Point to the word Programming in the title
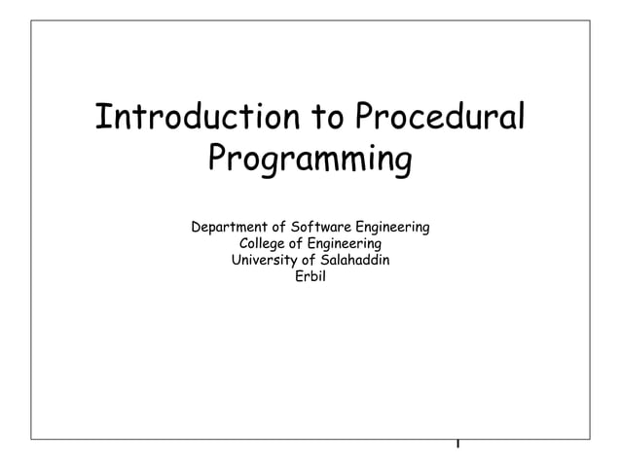tap(310, 160)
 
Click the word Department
tap(232, 228)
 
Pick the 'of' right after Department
tap(282, 228)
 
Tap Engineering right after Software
tap(393, 230)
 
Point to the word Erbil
tap(310, 276)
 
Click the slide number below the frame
tap(457, 446)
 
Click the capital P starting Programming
tap(219, 158)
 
